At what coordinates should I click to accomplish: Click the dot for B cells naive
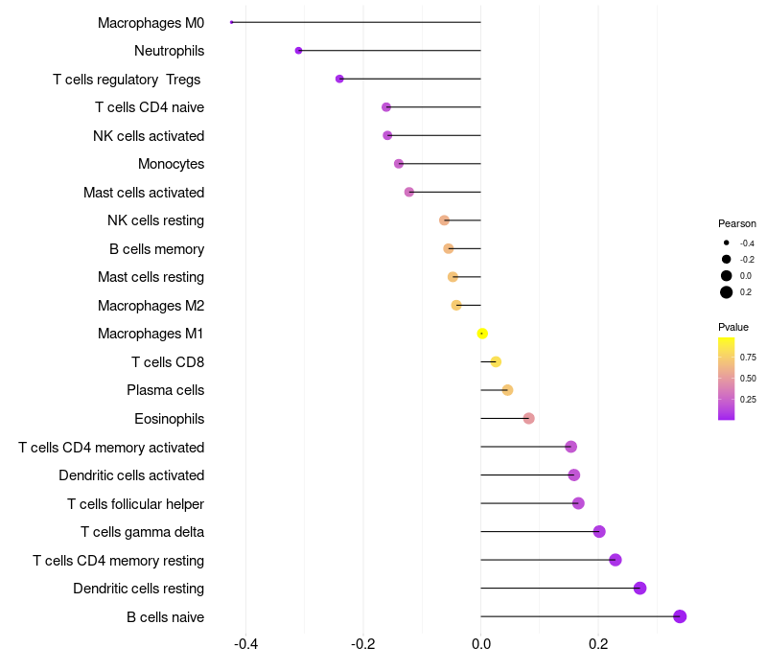pos(680,616)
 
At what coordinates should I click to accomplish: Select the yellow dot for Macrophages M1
pos(482,334)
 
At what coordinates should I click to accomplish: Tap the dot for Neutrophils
pos(298,51)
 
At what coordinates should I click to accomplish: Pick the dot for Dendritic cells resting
pos(639,589)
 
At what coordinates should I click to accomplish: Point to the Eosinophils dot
pos(528,419)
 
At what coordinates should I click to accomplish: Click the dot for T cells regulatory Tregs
pos(339,79)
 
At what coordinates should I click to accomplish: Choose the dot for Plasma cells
pos(507,390)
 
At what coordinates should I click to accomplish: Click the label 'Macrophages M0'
pos(151,22)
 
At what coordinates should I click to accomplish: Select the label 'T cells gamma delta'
pos(142,532)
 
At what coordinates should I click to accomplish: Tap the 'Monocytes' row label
pos(171,164)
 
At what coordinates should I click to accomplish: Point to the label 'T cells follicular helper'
pos(135,504)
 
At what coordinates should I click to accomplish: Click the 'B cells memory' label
pos(156,249)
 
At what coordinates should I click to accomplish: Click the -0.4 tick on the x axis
pos(245,644)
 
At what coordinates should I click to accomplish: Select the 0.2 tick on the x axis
pos(598,644)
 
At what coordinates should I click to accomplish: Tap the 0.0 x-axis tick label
pos(480,644)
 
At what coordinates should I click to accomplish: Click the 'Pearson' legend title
pos(736,223)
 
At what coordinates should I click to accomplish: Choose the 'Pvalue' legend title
pos(733,327)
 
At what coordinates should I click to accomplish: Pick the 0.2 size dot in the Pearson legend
pos(727,292)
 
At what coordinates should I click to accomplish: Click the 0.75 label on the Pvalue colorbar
pos(748,358)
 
